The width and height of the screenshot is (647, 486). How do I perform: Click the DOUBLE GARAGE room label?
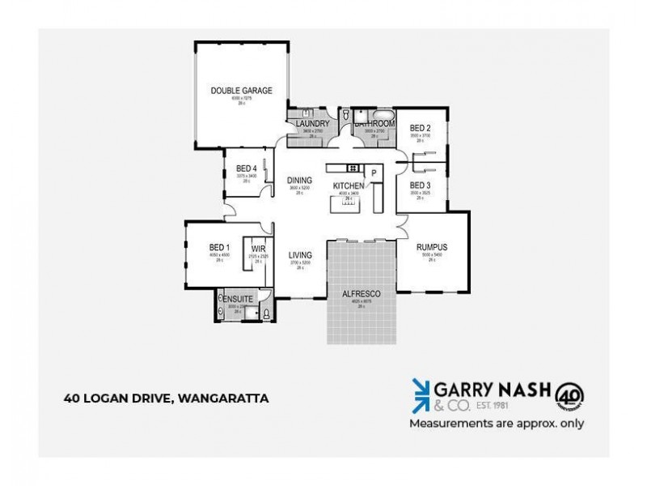click(241, 91)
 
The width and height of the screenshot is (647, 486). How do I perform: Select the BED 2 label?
click(419, 128)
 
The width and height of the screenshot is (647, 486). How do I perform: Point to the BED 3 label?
click(419, 185)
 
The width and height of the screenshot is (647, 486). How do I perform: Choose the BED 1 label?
click(220, 248)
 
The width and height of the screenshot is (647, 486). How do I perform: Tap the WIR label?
click(259, 248)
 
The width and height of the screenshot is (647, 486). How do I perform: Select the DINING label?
click(299, 181)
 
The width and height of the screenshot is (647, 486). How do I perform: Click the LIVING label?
click(300, 256)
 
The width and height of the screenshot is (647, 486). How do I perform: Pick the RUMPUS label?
click(432, 247)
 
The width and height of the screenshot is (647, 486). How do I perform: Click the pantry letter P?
click(374, 173)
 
